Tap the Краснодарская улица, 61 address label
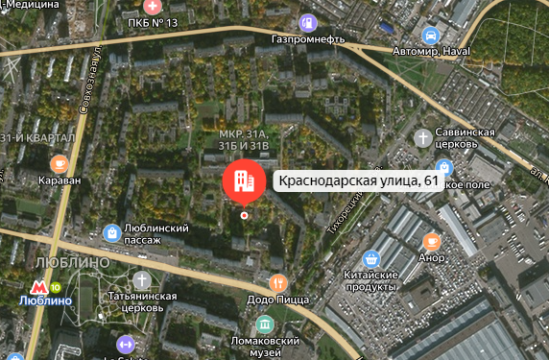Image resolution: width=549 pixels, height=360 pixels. tap(356, 181)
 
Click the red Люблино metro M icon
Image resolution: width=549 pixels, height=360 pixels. tap(39, 286)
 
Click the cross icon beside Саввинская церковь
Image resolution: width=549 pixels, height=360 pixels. tap(422, 138)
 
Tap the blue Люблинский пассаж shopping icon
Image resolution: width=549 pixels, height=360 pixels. tap(112, 232)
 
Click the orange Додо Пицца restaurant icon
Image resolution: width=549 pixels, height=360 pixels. tap(278, 283)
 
